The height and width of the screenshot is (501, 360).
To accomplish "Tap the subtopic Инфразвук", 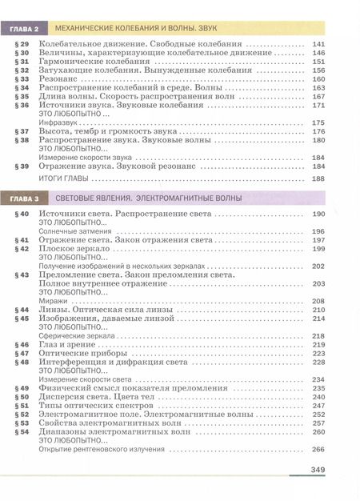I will (55, 122).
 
